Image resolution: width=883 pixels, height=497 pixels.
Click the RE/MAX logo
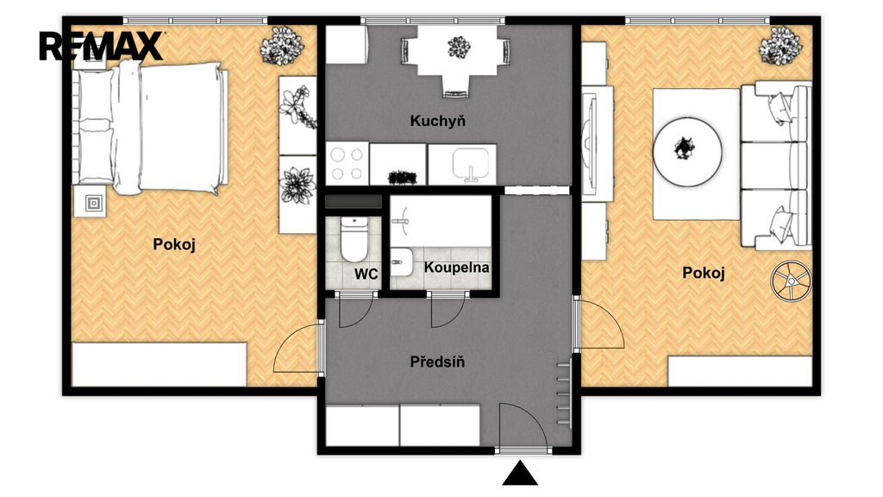tap(102, 47)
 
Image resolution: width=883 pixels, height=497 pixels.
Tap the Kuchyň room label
tap(437, 121)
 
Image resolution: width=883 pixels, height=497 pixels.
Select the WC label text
tap(366, 274)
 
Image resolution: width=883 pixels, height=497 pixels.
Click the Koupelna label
tap(456, 267)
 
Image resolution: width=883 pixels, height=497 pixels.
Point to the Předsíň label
tap(437, 362)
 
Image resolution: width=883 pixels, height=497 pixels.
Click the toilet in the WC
tap(354, 239)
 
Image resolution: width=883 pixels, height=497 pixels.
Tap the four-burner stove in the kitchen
tap(347, 163)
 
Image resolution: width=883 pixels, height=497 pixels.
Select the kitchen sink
tap(471, 164)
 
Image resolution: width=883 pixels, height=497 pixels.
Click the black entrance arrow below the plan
tap(520, 474)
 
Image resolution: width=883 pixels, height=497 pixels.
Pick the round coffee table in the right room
tap(687, 152)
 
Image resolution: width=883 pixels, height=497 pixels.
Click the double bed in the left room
tap(167, 128)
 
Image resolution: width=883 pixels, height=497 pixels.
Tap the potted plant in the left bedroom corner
tap(282, 46)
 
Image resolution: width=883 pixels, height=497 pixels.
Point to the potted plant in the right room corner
tap(780, 46)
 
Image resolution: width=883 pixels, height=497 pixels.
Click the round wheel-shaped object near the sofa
tap(792, 280)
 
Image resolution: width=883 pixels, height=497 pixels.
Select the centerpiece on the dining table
tap(459, 47)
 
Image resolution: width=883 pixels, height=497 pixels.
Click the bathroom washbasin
tap(401, 262)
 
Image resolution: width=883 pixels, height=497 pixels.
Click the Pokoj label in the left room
tap(174, 244)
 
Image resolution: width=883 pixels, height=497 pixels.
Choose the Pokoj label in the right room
tap(704, 273)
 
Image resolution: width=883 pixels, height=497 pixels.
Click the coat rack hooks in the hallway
tap(564, 393)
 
